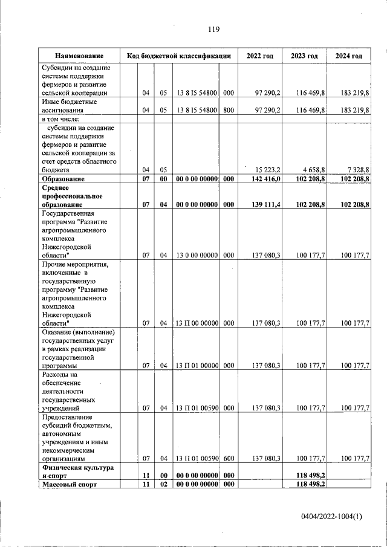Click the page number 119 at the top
(213, 30)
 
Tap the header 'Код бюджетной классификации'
(179, 56)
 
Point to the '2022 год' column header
(259, 56)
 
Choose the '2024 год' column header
(349, 56)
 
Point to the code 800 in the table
(229, 110)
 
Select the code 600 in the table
(229, 459)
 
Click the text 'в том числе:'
(60, 119)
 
